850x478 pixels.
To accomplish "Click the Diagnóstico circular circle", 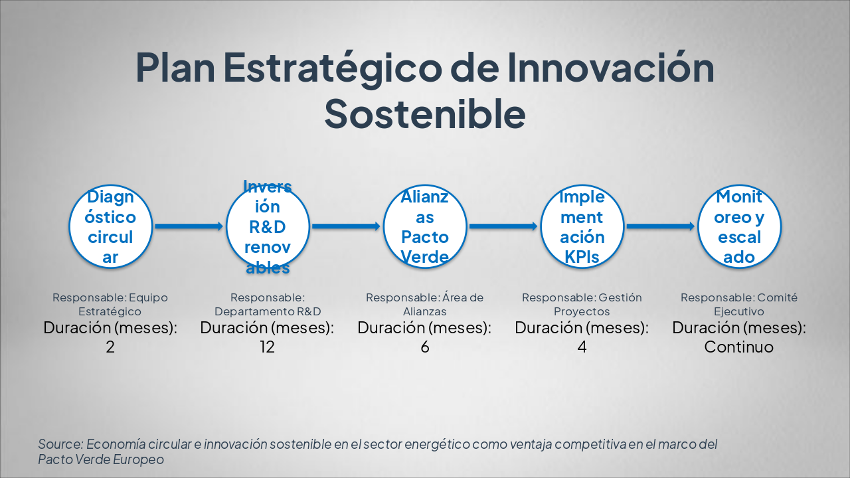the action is [x=110, y=226].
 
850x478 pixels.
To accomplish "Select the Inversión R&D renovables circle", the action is [x=268, y=226].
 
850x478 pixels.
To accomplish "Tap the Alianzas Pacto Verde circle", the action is [x=424, y=226].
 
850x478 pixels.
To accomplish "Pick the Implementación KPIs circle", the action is [x=582, y=226].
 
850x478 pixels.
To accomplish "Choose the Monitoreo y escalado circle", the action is [x=739, y=226].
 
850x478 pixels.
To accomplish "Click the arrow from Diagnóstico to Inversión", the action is [x=189, y=226].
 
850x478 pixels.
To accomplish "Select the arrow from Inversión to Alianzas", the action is [x=346, y=226].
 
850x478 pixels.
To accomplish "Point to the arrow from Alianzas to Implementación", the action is [x=503, y=226].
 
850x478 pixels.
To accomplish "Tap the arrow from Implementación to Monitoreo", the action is [x=661, y=226].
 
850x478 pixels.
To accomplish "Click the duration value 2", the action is [x=110, y=347].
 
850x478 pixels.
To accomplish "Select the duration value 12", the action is [x=267, y=347].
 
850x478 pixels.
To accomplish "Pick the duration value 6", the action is [x=425, y=347].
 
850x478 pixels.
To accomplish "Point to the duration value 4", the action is [x=582, y=347].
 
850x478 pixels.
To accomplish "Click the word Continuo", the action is [x=739, y=347].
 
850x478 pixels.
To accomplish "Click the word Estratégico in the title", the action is [x=333, y=68].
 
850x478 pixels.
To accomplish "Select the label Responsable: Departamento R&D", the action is [x=268, y=304].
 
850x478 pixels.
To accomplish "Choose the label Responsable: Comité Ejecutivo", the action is [x=739, y=304].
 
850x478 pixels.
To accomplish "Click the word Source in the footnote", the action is [x=60, y=444].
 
